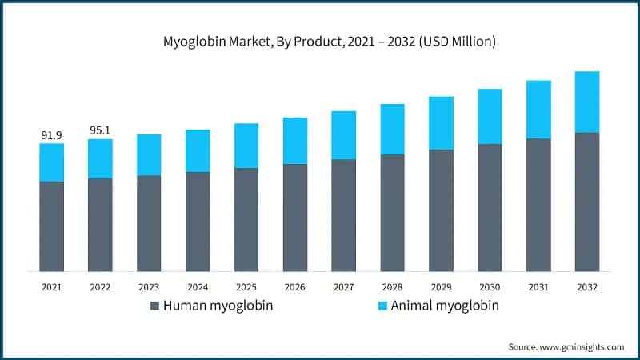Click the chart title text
click(320, 42)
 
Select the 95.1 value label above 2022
click(101, 130)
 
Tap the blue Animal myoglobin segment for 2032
click(587, 102)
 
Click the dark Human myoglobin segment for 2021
click(52, 226)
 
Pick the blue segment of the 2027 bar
click(344, 135)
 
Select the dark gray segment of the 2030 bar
click(490, 208)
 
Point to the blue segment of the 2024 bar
click(198, 150)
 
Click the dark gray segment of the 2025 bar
click(246, 220)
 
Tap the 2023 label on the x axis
click(149, 286)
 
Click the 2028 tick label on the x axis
click(392, 286)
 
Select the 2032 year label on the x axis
click(587, 286)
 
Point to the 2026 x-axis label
click(295, 286)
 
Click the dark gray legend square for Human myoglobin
click(155, 306)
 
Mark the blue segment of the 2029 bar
click(441, 123)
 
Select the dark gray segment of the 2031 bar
click(538, 205)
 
